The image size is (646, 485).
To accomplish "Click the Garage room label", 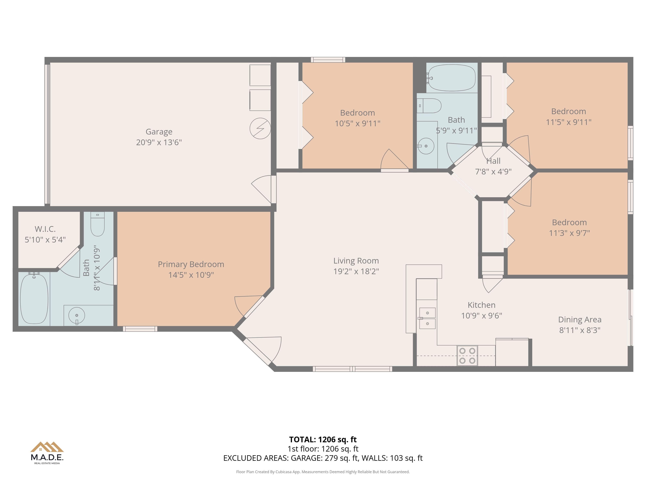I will [x=159, y=132].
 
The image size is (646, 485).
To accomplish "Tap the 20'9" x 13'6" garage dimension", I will [x=159, y=142].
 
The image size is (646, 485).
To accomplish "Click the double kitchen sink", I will [x=427, y=318].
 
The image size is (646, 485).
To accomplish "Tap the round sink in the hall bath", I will [x=426, y=146].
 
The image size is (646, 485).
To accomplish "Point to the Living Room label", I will [x=356, y=261].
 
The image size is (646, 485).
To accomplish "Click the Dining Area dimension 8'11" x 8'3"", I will [x=580, y=330].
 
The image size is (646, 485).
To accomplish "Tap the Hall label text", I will [x=493, y=161].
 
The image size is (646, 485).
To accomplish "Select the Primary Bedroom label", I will [x=191, y=264].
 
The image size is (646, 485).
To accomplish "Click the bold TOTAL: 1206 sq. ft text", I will [x=323, y=439].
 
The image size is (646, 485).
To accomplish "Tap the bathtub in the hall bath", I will [x=452, y=78].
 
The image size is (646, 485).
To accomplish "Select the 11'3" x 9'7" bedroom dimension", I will [x=569, y=233].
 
